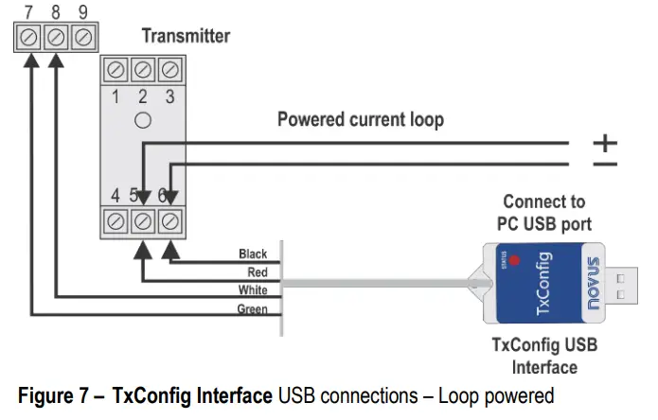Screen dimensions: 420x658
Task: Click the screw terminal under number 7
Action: pos(30,38)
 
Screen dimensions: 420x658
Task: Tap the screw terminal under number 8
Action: pos(56,38)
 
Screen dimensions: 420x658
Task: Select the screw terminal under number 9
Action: pos(82,38)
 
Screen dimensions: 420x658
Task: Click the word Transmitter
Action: pos(186,36)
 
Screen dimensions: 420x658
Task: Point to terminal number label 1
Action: pos(116,96)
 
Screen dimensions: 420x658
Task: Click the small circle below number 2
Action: pos(143,120)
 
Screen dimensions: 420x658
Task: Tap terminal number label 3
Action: pos(169,96)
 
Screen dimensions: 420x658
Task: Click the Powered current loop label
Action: pos(360,120)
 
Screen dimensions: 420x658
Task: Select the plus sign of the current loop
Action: pos(604,143)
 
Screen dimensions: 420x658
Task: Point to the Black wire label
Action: pos(253,254)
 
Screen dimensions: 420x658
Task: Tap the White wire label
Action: pos(254,290)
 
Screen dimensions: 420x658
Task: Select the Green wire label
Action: pos(252,309)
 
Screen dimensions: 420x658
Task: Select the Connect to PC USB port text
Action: pos(543,213)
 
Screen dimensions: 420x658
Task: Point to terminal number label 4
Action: pos(115,196)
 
